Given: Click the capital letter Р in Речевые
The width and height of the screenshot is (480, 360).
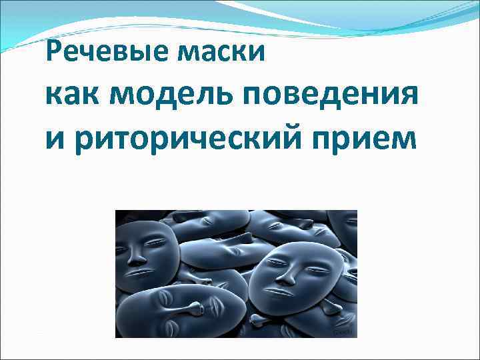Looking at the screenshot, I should tap(55, 52).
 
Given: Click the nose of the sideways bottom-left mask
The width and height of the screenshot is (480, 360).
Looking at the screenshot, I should tap(194, 308).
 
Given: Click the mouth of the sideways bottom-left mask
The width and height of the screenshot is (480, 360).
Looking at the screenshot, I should tap(215, 308).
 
